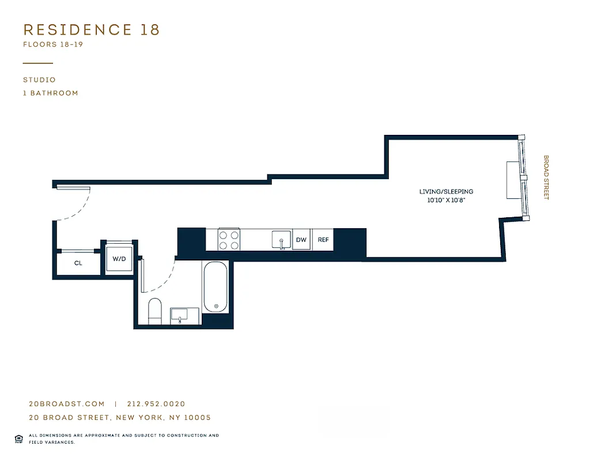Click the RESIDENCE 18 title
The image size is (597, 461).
pos(91,30)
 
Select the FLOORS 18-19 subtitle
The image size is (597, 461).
pos(53,44)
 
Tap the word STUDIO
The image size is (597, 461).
pos(39,80)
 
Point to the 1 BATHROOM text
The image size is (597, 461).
pos(51,93)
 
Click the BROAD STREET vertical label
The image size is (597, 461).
pos(546,177)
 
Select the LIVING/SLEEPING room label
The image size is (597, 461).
pos(446,191)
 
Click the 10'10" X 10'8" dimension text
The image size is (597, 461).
pos(446,201)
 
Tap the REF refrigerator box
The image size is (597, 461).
pos(323,240)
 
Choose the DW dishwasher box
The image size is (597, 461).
pos(301,240)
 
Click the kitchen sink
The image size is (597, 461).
pos(281,240)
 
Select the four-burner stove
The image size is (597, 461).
pos(228,239)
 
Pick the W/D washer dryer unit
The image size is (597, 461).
pos(119,259)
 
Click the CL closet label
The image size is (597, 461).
pos(78,263)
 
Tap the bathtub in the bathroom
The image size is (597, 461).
pos(216,288)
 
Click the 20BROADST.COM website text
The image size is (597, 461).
pos(67,405)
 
